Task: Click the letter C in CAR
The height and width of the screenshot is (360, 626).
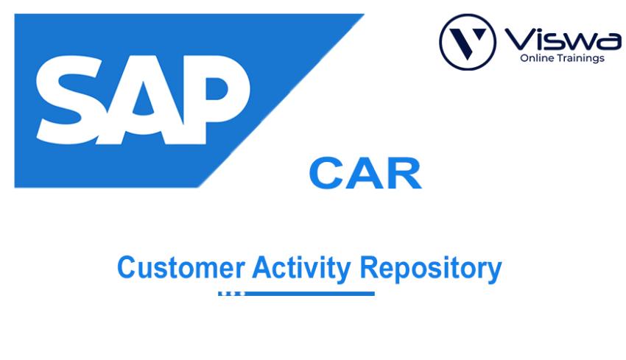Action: click(x=326, y=174)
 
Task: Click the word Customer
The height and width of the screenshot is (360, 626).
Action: click(x=180, y=267)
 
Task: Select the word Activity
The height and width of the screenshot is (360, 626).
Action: click(x=301, y=268)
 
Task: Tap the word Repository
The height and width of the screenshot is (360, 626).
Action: click(x=431, y=268)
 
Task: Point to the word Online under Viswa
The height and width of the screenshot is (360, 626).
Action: click(x=537, y=58)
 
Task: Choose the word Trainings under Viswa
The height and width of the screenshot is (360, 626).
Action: click(x=581, y=58)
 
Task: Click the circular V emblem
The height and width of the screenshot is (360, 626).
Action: click(x=467, y=41)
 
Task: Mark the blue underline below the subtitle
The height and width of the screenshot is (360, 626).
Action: click(x=296, y=294)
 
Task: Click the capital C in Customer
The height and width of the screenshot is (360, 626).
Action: click(x=126, y=267)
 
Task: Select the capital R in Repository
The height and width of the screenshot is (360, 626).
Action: click(x=368, y=267)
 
